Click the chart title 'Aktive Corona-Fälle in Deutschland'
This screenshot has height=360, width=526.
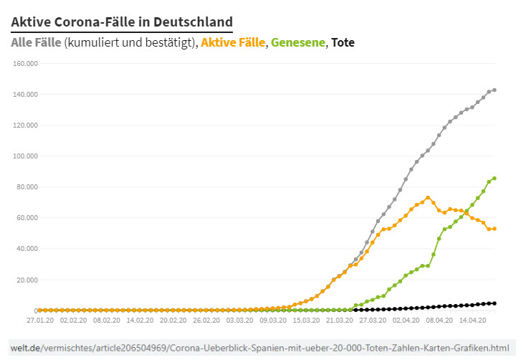[x=122, y=22]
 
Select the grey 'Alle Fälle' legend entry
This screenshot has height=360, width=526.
[x=36, y=42]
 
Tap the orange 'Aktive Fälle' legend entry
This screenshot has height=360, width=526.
[x=233, y=42]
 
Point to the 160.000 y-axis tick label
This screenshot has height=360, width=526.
[x=25, y=64]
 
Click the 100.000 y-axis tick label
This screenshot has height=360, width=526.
[x=25, y=156]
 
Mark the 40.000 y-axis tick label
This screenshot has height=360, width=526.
[x=27, y=249]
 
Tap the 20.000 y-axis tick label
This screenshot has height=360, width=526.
[x=27, y=280]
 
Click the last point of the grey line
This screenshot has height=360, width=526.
[x=494, y=90]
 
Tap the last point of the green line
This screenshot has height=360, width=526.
[x=494, y=178]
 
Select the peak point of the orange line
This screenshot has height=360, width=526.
[x=428, y=198]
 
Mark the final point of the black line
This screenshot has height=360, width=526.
[x=494, y=303]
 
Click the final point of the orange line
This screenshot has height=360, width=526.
[x=494, y=229]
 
